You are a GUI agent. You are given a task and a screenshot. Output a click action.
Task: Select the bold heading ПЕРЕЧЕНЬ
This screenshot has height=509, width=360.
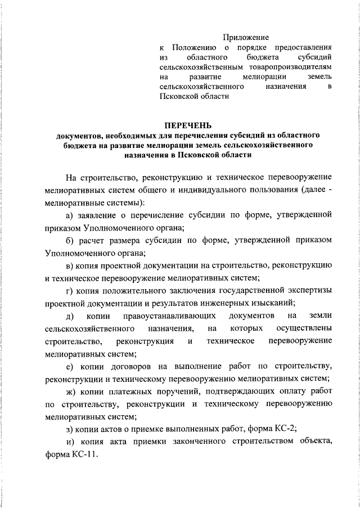188,125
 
